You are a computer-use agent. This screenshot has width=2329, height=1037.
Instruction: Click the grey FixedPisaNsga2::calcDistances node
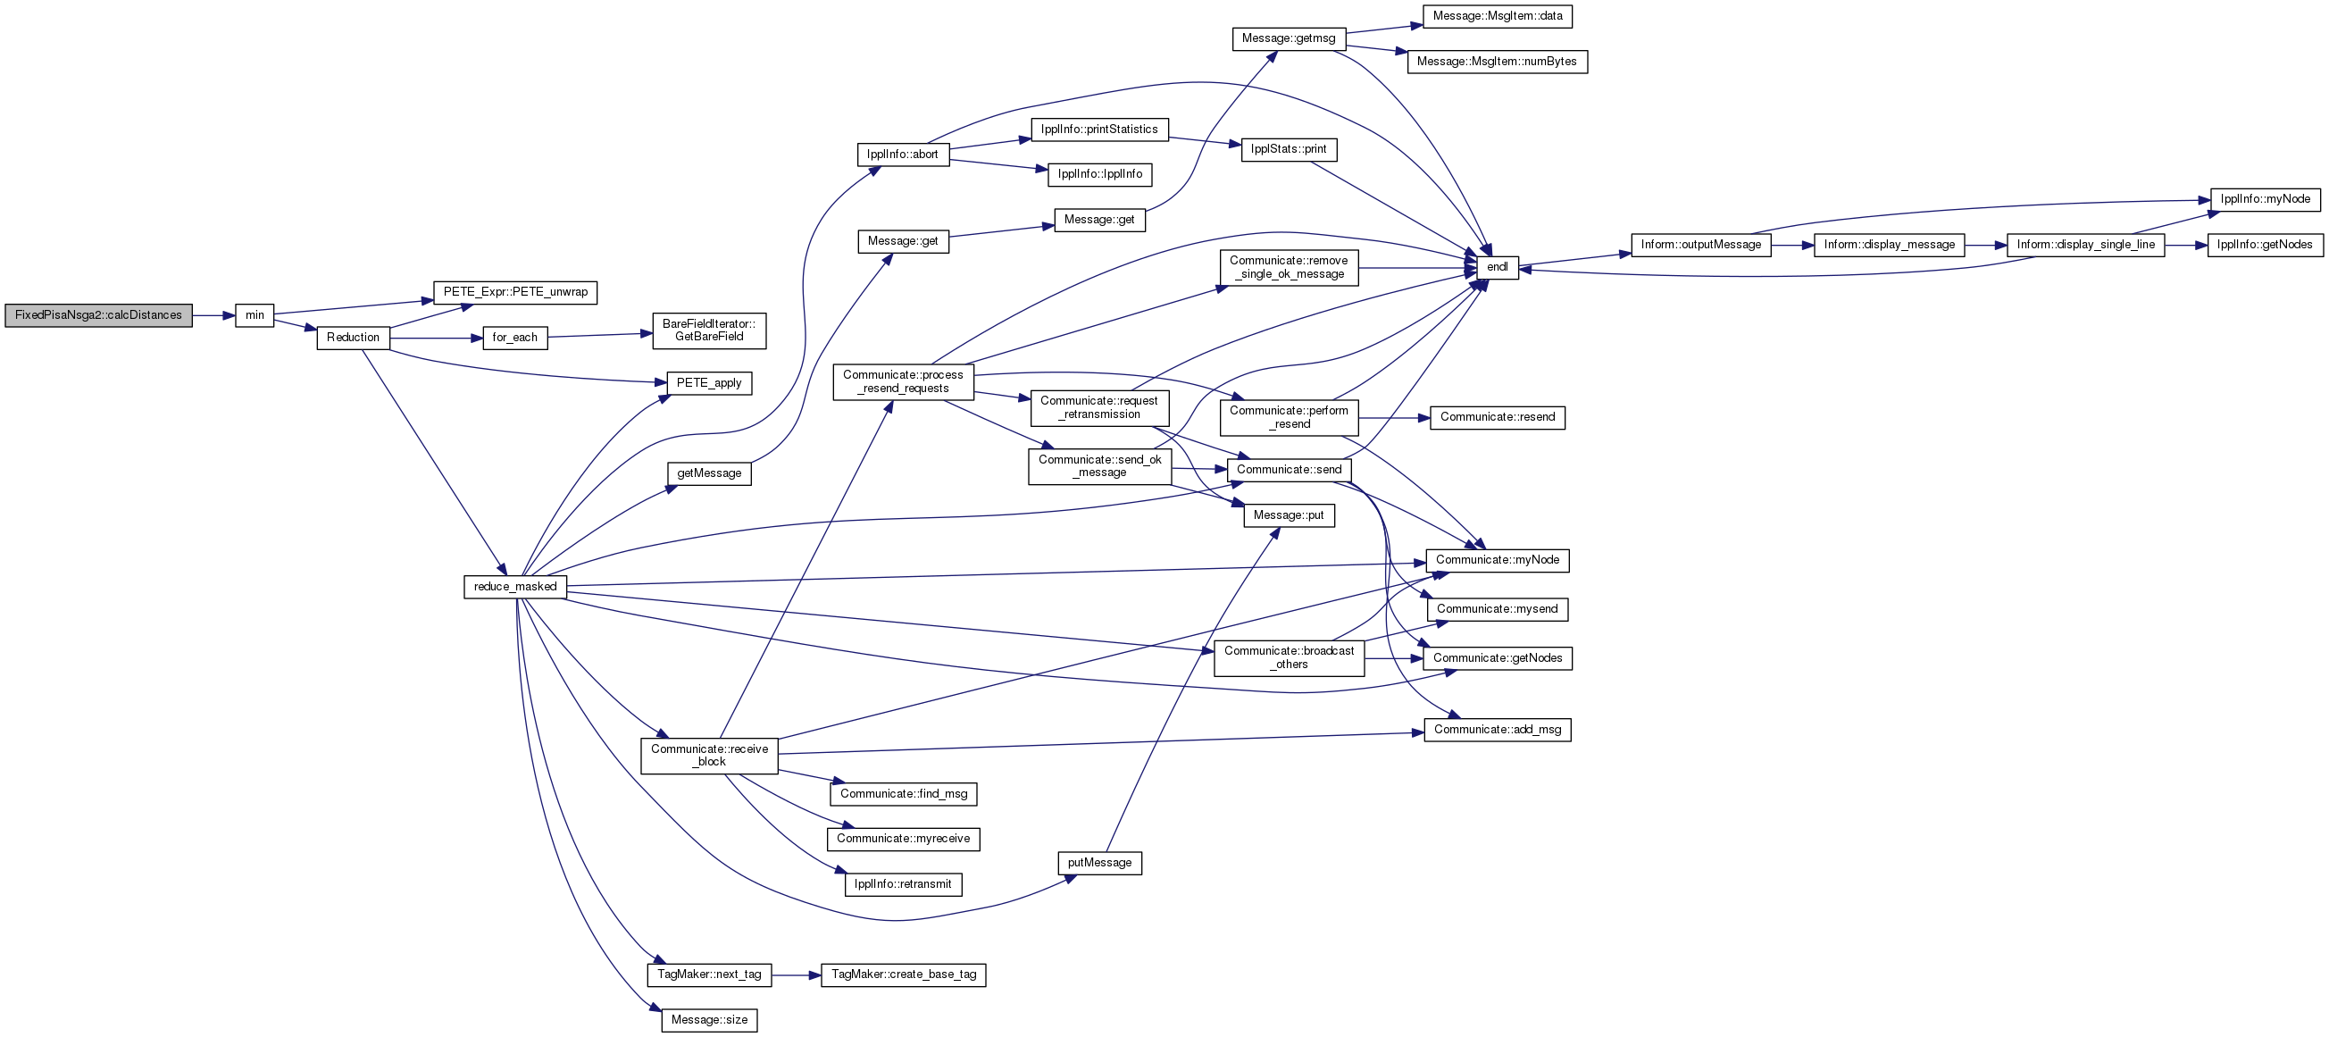[x=98, y=315]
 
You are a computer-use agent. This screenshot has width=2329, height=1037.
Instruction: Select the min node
[x=255, y=315]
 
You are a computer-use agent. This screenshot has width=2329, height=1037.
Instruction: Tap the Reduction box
[x=354, y=339]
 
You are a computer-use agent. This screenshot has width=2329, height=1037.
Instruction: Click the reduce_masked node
[x=515, y=587]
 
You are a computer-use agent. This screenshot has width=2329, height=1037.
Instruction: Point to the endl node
[x=1498, y=268]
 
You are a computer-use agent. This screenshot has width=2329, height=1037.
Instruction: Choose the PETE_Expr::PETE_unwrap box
[x=515, y=292]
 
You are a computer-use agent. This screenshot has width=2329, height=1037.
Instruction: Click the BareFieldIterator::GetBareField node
[x=710, y=330]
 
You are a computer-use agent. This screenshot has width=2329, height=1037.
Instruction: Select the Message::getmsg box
[x=1289, y=39]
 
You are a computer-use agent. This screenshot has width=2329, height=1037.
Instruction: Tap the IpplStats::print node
[x=1289, y=149]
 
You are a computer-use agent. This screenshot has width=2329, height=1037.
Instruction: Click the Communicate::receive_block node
[x=710, y=756]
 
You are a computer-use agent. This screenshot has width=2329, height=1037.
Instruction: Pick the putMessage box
[x=1099, y=864]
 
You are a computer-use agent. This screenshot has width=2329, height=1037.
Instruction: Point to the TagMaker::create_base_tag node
[x=903, y=974]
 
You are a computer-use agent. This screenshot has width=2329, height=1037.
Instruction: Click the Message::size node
[x=710, y=1021]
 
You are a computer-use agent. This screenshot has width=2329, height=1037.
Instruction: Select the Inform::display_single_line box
[x=2086, y=245]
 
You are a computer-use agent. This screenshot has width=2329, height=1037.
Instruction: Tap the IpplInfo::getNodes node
[x=2265, y=245]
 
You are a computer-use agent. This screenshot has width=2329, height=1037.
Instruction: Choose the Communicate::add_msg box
[x=1498, y=730]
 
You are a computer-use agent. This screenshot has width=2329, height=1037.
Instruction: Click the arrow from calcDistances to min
[x=213, y=315]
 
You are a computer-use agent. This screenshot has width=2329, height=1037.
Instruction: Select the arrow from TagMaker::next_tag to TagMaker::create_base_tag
[x=796, y=975]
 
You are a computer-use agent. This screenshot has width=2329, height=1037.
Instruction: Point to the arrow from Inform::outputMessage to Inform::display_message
[x=1793, y=245]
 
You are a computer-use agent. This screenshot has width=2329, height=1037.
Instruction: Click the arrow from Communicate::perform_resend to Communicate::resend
[x=1394, y=418]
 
